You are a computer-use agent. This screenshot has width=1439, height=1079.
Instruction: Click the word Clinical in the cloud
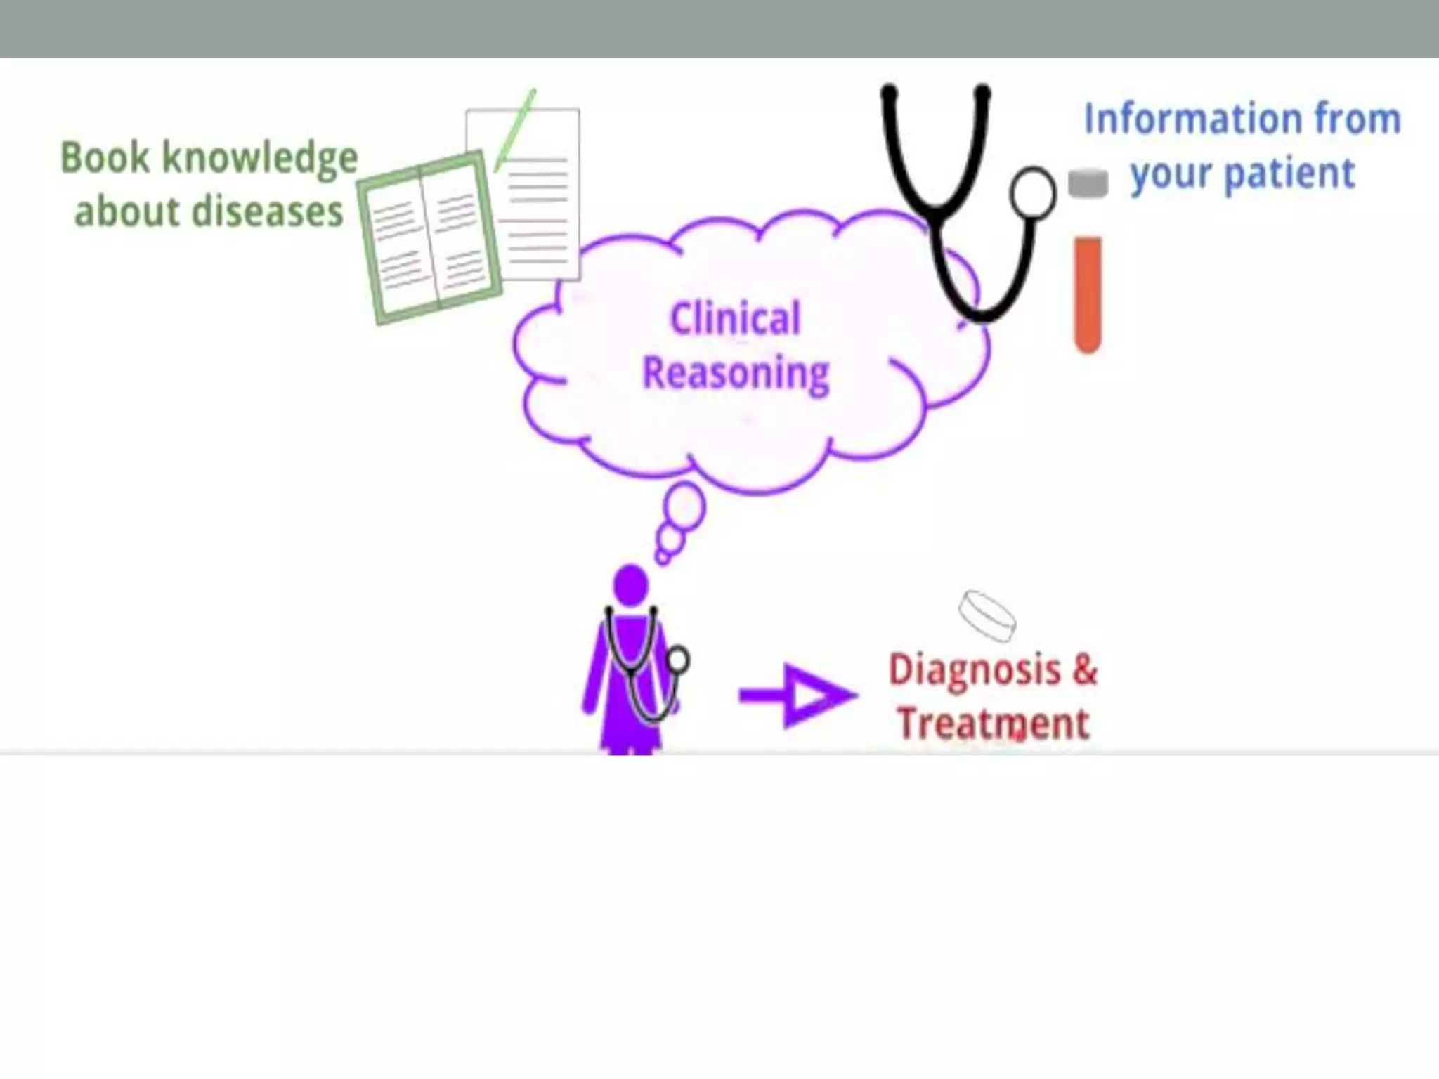pyautogui.click(x=735, y=318)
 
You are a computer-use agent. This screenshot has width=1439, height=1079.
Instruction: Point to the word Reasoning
pyautogui.click(x=736, y=373)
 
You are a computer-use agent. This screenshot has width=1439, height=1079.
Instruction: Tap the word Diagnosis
pyautogui.click(x=974, y=670)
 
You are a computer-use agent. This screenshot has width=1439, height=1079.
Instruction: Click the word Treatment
pyautogui.click(x=994, y=724)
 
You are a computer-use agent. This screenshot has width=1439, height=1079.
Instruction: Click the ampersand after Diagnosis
pyautogui.click(x=1084, y=669)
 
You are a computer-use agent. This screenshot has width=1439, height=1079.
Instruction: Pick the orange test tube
pyautogui.click(x=1087, y=295)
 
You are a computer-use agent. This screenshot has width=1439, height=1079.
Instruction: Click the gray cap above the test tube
pyautogui.click(x=1088, y=183)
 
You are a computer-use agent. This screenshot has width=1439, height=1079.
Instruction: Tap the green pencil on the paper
pyautogui.click(x=515, y=129)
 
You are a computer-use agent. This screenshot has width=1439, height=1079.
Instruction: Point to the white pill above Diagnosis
pyautogui.click(x=987, y=615)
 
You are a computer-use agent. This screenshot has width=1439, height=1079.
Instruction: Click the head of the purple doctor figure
pyautogui.click(x=630, y=584)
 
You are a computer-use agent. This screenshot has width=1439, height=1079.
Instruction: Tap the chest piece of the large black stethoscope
pyautogui.click(x=1032, y=193)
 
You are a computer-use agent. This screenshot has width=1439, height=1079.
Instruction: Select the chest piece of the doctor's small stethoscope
pyautogui.click(x=678, y=660)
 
